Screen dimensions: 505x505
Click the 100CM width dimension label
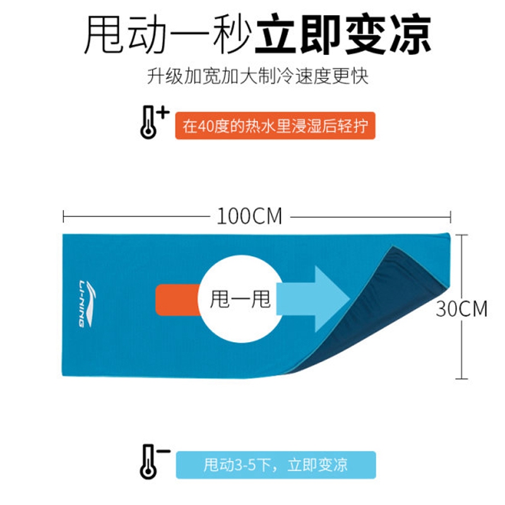[249, 216]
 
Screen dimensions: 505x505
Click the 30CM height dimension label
[461, 309]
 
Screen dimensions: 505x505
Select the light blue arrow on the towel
[313, 299]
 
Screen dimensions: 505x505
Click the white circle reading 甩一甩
[241, 299]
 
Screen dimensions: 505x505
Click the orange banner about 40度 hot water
[275, 126]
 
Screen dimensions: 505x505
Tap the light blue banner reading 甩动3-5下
[276, 465]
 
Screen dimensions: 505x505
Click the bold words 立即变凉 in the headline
[343, 34]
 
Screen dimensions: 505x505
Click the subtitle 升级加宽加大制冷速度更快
[258, 76]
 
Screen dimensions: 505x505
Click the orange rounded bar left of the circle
[178, 300]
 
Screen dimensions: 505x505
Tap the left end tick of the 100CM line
[64, 217]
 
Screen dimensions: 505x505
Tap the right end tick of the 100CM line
[451, 217]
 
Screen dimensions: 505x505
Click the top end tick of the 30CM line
[461, 235]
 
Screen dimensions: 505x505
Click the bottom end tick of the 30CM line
[461, 378]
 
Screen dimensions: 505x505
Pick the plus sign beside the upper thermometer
[163, 113]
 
